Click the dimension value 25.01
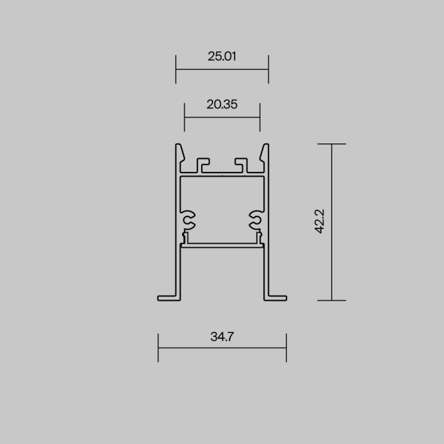[x=222, y=56]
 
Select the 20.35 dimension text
[x=222, y=105]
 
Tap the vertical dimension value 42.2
[x=320, y=222]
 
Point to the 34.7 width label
[x=222, y=337]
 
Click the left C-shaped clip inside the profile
[x=188, y=219]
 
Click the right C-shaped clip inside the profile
[x=256, y=219]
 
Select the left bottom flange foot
[x=166, y=296]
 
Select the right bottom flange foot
[x=278, y=296]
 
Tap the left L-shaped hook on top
[x=202, y=164]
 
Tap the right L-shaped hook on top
[x=242, y=164]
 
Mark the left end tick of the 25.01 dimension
[x=176, y=69]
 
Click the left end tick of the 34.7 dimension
[x=158, y=348]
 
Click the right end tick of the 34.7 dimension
[x=286, y=348]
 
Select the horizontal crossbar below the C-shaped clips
[x=222, y=244]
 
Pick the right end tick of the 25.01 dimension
[x=268, y=69]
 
